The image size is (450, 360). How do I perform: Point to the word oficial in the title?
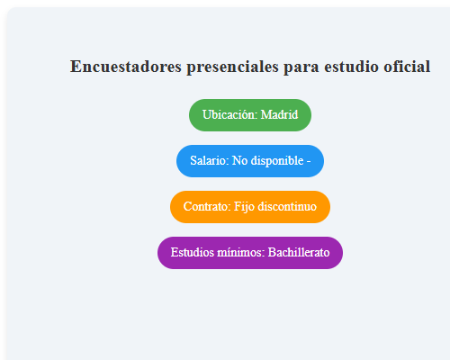tap(405, 67)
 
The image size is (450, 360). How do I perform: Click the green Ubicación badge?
tap(250, 115)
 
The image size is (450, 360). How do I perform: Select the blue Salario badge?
tap(250, 161)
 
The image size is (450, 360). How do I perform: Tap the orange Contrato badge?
tap(250, 207)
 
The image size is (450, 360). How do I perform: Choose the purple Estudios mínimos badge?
tap(250, 253)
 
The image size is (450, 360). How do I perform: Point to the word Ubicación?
tap(229, 115)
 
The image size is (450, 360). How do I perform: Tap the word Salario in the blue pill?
tap(209, 161)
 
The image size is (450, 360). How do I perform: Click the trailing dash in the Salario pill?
tap(309, 161)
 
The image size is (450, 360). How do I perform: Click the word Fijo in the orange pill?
tap(244, 207)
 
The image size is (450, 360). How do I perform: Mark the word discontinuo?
tap(287, 207)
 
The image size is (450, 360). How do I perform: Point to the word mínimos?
tap(240, 253)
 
